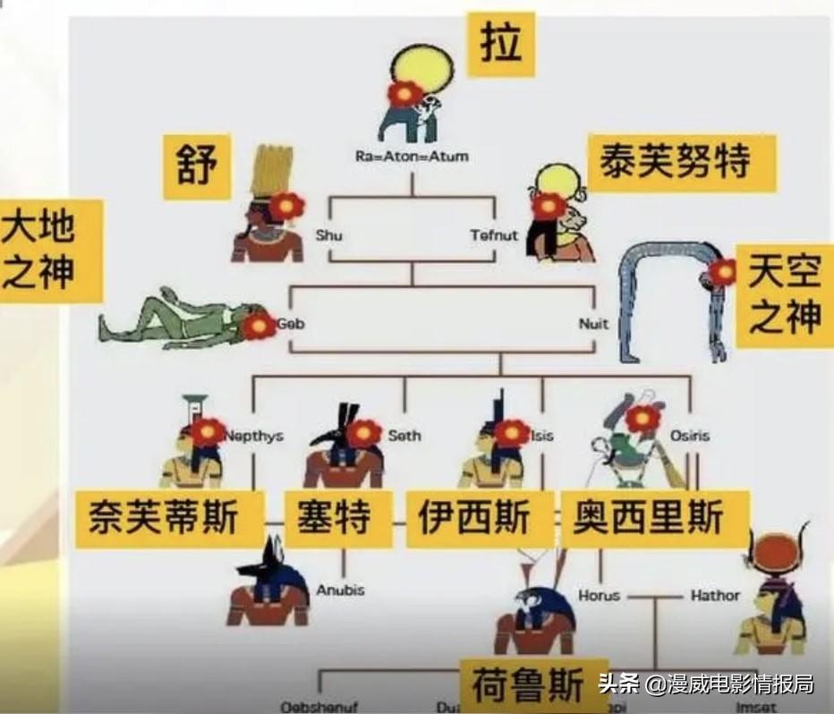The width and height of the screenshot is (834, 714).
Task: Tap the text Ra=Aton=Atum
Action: [411, 157]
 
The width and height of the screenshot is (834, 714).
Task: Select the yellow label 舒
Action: [196, 167]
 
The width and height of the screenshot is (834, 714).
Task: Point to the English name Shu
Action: [328, 235]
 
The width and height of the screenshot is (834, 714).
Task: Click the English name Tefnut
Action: [494, 235]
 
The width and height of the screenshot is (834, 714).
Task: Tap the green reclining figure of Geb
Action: [170, 319]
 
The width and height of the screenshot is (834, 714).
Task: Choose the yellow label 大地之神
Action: [40, 250]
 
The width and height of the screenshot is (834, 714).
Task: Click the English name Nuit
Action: [593, 324]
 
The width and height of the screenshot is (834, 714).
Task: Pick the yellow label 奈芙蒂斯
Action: [169, 518]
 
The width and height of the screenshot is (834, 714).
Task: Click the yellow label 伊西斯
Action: [475, 518]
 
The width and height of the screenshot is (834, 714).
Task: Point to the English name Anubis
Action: [341, 591]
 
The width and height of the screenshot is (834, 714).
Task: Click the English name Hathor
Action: [715, 595]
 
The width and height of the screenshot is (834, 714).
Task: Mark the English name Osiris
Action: [689, 436]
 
